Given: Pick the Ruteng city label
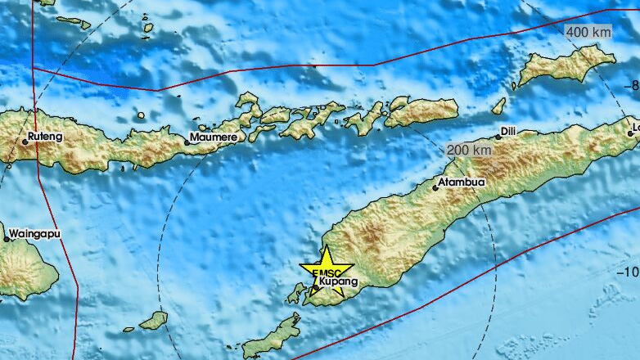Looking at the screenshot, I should pos(45,136).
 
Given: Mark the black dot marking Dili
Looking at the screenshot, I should pos(498,137).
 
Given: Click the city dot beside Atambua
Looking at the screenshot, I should pos(435,187).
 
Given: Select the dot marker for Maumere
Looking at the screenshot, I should pos(187,142).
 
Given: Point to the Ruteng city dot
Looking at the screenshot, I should pos(25,142).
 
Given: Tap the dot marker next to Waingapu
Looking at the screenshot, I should pos(7,239).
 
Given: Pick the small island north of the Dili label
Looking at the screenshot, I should pos(498,106).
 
